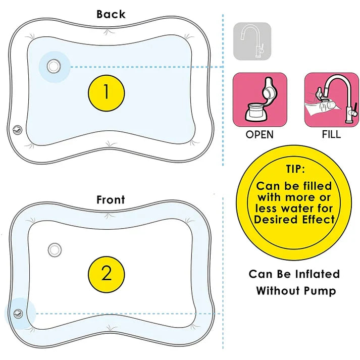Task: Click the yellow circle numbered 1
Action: pos(106,92)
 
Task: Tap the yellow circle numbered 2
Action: pos(107,273)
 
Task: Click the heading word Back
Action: pos(111,14)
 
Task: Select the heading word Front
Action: pos(111,200)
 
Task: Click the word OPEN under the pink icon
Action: pos(260,135)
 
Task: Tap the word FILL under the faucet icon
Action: pos(331,135)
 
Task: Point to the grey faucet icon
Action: pos(252,41)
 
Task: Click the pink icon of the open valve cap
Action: pos(260,99)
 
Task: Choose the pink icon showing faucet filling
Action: pos(331,99)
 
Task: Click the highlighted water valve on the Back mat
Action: pos(53,66)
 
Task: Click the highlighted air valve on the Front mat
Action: pos(19,314)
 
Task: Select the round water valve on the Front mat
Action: pos(54,249)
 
